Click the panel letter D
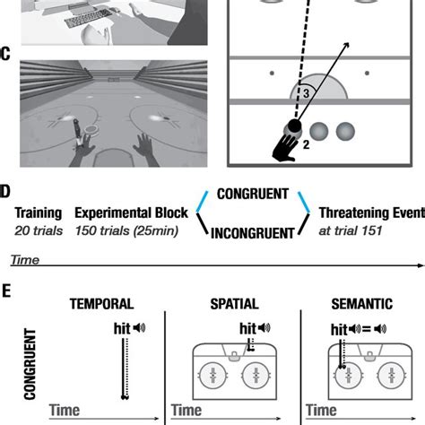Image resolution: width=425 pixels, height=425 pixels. tap(5, 191)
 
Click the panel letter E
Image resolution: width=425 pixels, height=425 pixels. tap(5, 292)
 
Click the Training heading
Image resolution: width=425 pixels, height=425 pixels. tap(37, 213)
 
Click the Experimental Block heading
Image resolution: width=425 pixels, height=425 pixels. tap(131, 213)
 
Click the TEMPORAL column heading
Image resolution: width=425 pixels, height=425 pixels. tap(101, 304)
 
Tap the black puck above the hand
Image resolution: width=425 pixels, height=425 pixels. tap(294, 126)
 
